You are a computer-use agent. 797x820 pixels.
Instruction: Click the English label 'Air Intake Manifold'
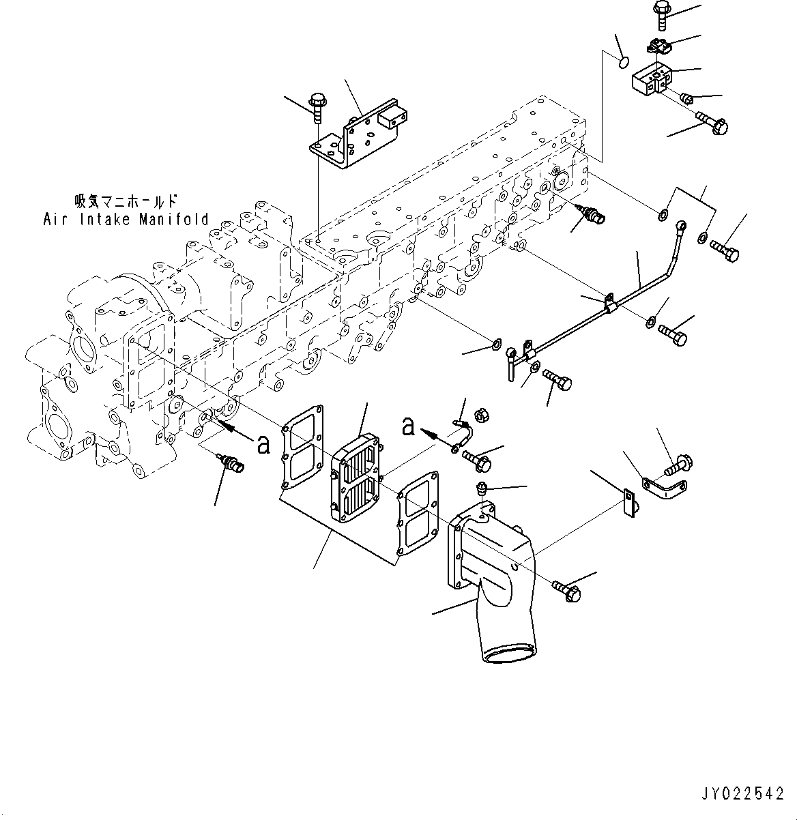coord(126,219)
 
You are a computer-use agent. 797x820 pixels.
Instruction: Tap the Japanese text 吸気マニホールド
coord(126,202)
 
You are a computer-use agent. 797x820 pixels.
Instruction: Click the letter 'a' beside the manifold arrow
coord(263,444)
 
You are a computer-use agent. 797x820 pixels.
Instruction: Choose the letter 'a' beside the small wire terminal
coord(408,427)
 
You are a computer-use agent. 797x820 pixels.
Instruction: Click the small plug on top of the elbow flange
coord(482,488)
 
